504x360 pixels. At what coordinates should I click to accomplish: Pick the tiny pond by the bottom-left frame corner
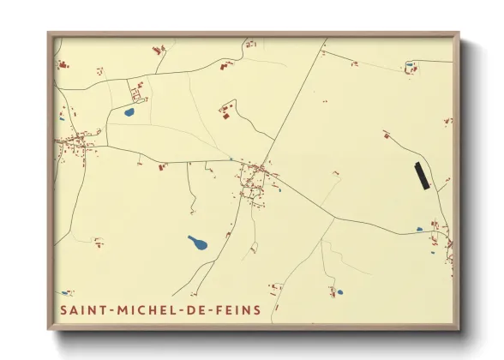click(x=64, y=293)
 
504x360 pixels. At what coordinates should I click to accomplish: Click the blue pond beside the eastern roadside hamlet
click(x=419, y=230)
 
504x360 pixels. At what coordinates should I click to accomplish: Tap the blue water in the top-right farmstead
click(x=409, y=64)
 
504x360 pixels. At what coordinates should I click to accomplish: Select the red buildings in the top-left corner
click(x=63, y=63)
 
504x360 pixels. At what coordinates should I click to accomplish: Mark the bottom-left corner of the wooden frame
click(x=49, y=328)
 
